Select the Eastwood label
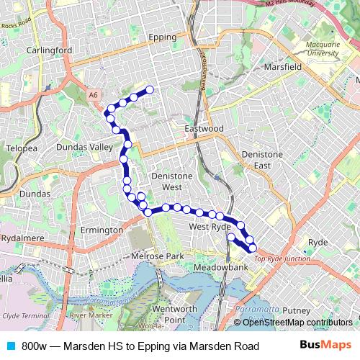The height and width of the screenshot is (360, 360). coord(204,128)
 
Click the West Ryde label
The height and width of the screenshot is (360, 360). coord(209,227)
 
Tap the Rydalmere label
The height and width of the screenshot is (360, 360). coord(24,237)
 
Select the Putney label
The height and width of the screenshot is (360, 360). coord(296,310)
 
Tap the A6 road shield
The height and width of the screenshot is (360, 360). coord(94,94)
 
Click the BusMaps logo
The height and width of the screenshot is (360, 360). coord(325,346)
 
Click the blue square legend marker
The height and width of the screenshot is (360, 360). coord(11,346)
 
